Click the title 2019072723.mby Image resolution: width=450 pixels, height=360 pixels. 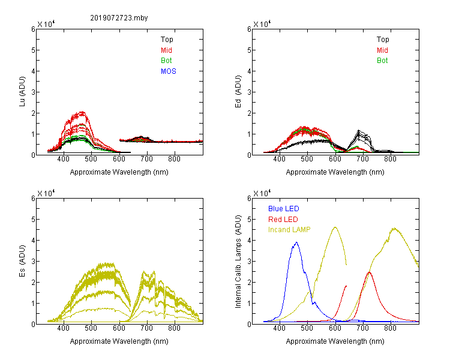tap(119, 18)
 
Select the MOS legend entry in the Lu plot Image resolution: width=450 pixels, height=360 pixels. tap(169, 71)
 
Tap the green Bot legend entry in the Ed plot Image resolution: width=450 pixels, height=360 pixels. tap(382, 61)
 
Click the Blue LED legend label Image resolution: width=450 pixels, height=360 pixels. tap(284, 209)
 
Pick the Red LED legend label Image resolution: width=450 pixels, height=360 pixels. tap(283, 220)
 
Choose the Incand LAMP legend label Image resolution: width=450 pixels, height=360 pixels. tap(289, 230)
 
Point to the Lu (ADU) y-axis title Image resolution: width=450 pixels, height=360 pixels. tap(22, 91)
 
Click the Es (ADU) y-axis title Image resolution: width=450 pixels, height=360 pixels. tap(22, 260)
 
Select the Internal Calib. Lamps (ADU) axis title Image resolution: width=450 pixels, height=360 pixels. tap(238, 262)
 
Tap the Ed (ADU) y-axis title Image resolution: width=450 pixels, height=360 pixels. tap(238, 91)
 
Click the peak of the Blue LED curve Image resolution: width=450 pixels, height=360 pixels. tap(296, 242)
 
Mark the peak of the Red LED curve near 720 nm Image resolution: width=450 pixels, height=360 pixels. tap(370, 272)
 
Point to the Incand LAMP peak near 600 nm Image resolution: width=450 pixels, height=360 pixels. tap(335, 227)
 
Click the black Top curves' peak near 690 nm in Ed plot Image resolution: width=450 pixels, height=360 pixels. tap(358, 131)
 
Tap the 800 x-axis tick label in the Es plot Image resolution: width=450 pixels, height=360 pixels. tap(174, 328)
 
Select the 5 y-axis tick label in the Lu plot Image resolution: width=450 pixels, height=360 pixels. tap(33, 50)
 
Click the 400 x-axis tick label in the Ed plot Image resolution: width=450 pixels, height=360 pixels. tap(279, 159)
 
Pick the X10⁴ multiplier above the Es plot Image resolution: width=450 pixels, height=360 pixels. tap(46, 193)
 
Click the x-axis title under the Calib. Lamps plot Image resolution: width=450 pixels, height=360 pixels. tap(335, 341)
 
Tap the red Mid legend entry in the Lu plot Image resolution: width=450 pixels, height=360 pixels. tap(166, 50)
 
